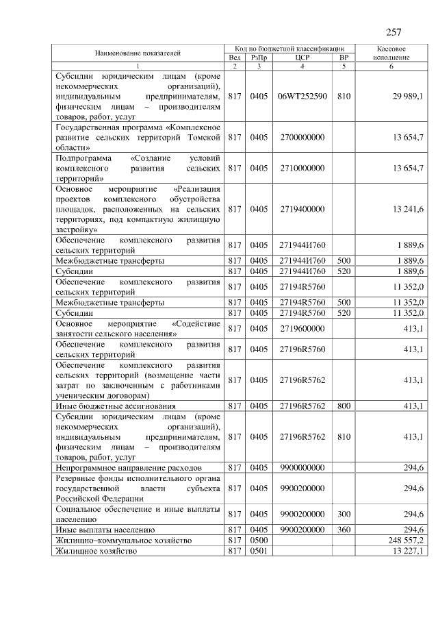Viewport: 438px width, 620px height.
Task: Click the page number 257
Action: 394,32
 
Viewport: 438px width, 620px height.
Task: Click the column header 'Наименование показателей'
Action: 138,53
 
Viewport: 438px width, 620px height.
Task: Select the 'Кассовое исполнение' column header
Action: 392,53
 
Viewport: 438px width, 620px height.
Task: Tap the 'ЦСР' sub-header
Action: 302,58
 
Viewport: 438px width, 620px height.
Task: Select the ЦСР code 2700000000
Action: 302,138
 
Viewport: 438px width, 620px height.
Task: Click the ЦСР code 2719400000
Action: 302,209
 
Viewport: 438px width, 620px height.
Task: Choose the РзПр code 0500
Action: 259,541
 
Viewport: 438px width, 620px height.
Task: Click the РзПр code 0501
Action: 259,550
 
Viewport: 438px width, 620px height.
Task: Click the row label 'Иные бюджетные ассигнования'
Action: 116,406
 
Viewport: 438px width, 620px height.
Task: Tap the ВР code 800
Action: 344,406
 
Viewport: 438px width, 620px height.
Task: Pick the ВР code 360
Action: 344,530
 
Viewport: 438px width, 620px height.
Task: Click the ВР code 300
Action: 344,514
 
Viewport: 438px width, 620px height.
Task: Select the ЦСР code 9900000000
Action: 302,467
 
